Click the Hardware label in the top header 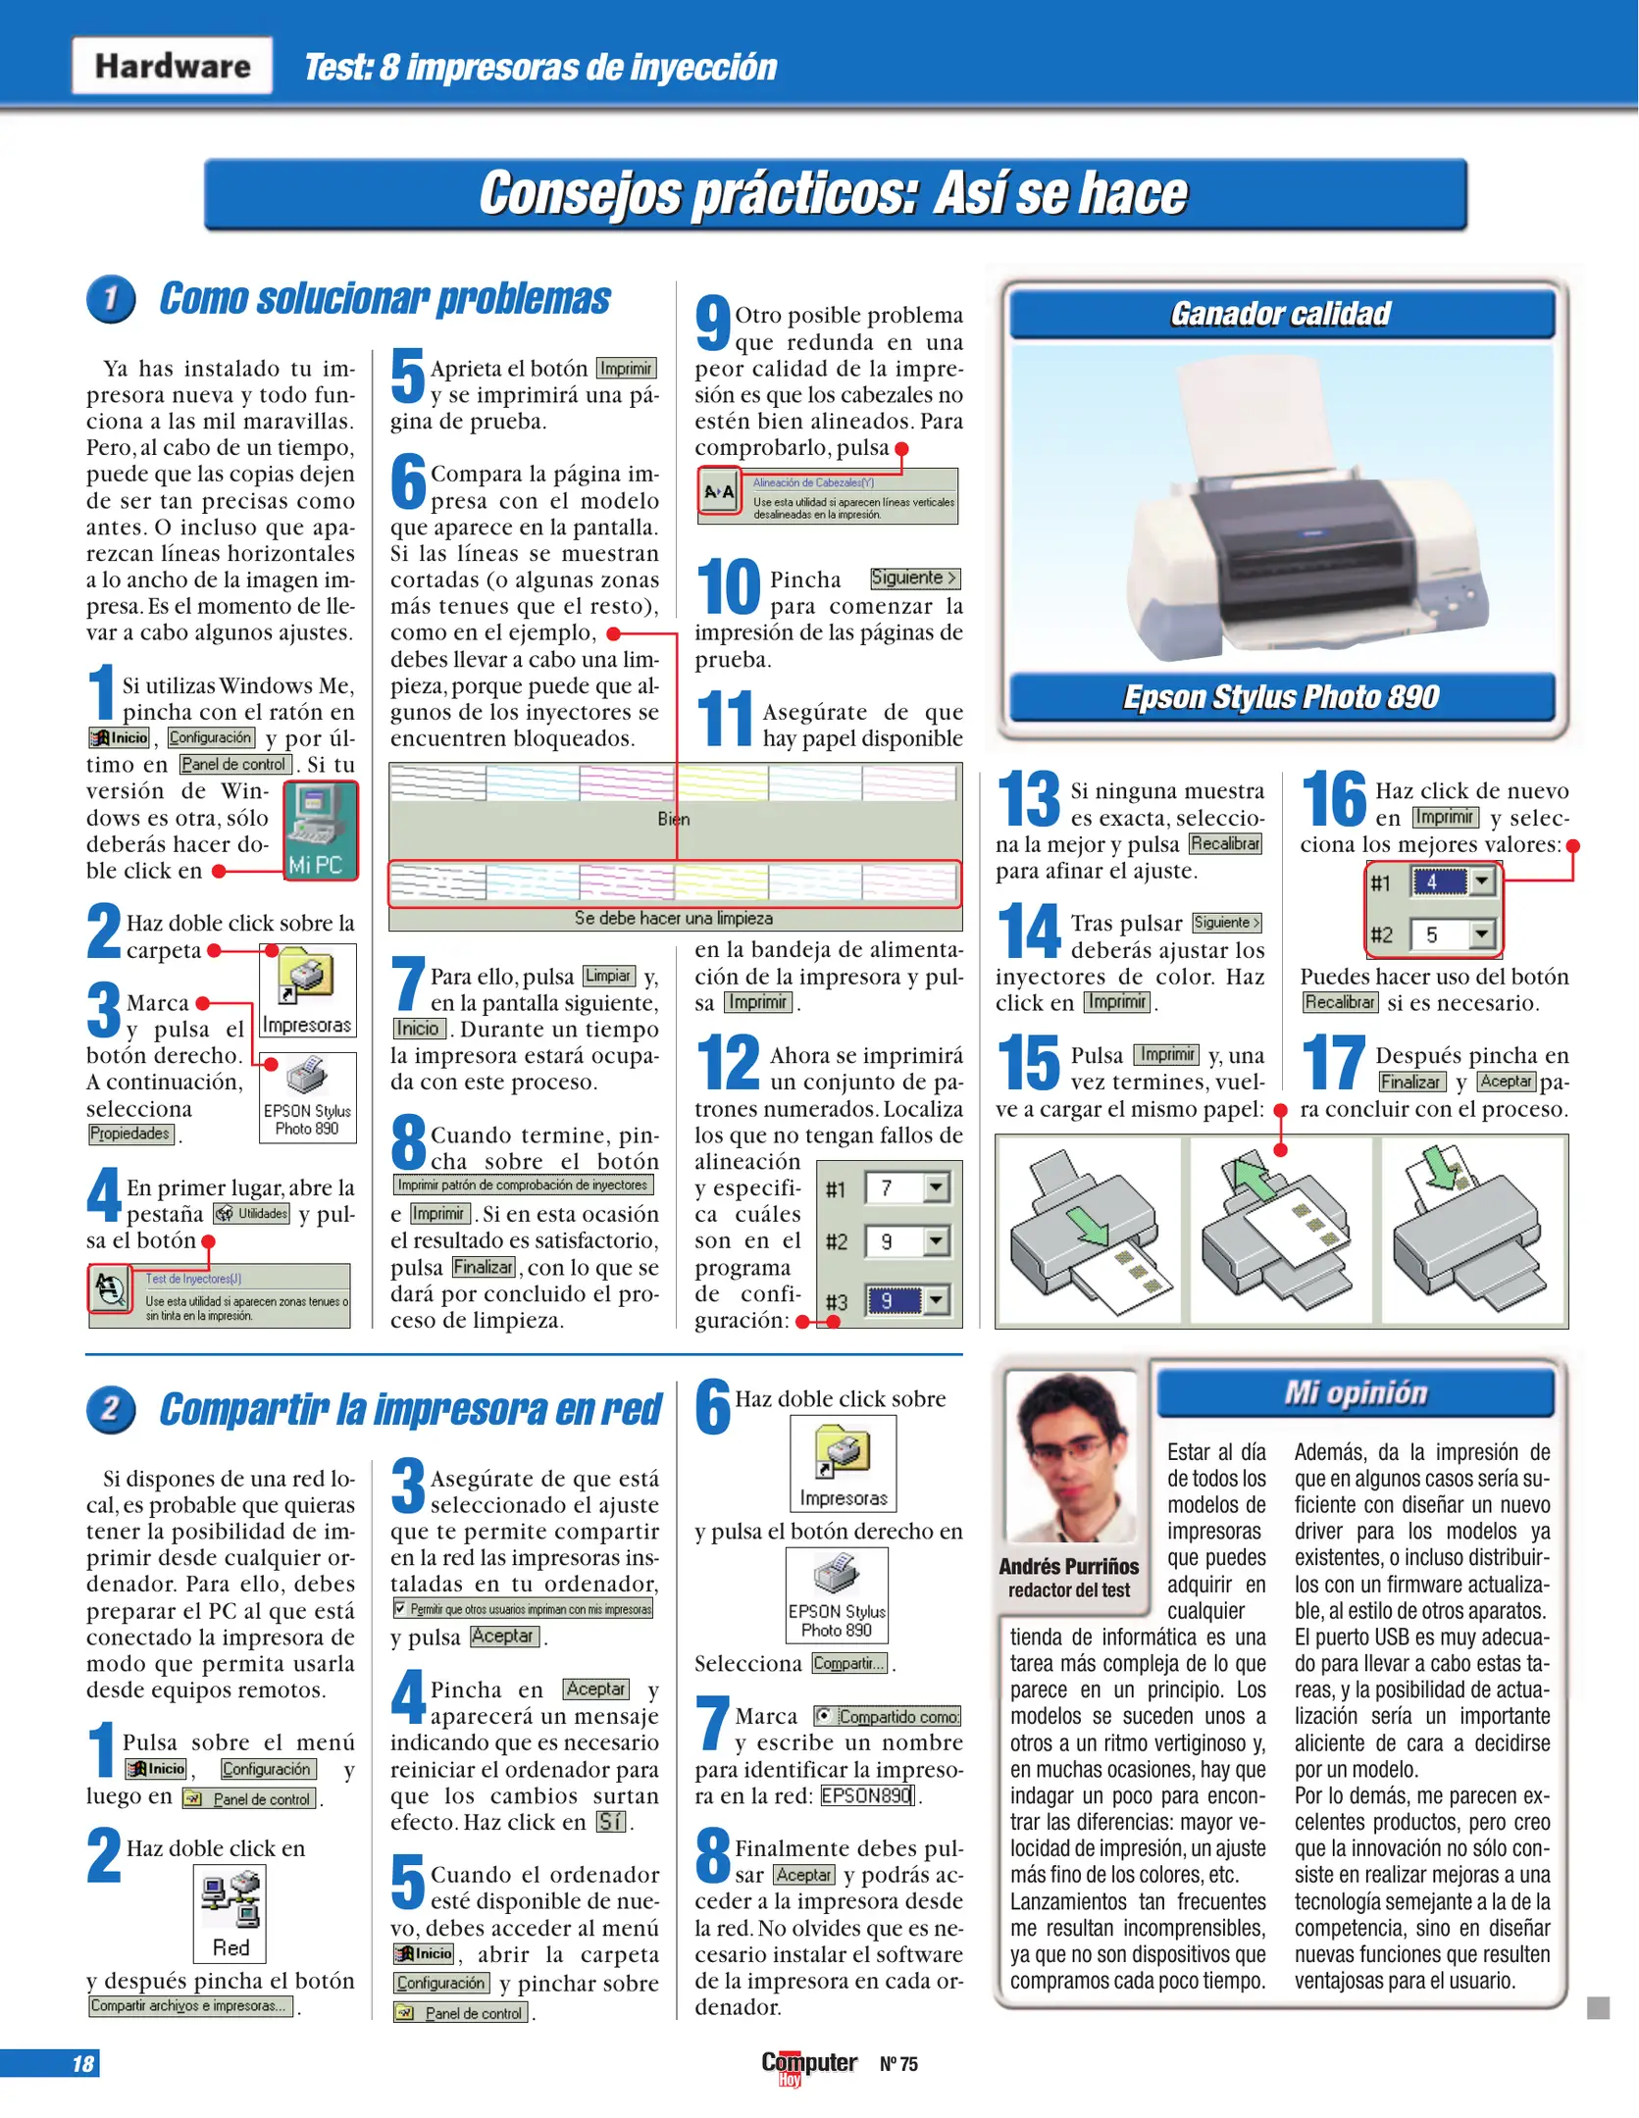coord(173,66)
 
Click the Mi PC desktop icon coord(321,830)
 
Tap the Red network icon coord(230,1911)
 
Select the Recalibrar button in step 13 coord(1225,843)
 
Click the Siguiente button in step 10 coord(914,579)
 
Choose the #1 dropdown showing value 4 coord(1453,882)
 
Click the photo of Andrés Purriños coord(1070,1456)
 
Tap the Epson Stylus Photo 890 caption coord(1281,697)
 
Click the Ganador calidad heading coord(1281,314)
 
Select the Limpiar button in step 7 coord(608,976)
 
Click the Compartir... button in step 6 coord(849,1663)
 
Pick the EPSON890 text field coord(867,1795)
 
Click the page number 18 coord(82,2063)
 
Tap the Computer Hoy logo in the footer coord(809,2064)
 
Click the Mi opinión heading coord(1356,1393)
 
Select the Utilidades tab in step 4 coord(252,1214)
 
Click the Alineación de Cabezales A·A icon coord(720,492)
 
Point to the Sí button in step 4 coord(610,1822)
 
